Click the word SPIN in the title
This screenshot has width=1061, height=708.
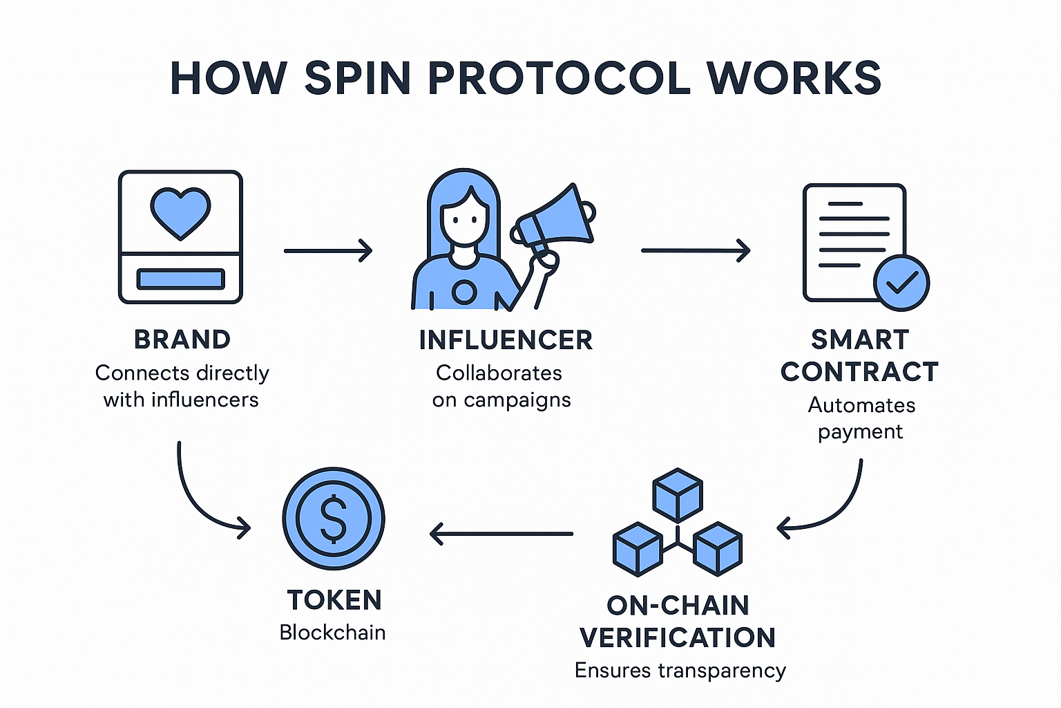[x=357, y=77]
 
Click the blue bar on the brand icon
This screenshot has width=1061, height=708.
[x=180, y=279]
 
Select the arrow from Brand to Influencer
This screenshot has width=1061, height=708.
[x=328, y=250]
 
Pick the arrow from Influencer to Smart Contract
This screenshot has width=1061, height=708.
[x=695, y=250]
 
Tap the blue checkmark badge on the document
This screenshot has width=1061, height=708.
[x=901, y=282]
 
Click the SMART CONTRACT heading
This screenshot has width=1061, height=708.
[x=859, y=356]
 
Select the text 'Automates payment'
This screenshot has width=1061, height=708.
[x=861, y=418]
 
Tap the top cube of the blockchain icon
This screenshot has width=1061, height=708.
[x=678, y=494]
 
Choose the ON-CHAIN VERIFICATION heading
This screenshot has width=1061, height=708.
[x=678, y=622]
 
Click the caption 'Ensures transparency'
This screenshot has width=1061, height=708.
[x=680, y=671]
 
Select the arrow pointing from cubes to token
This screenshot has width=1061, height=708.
[x=501, y=534]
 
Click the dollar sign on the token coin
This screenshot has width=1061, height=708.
[x=334, y=519]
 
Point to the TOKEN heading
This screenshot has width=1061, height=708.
[x=334, y=600]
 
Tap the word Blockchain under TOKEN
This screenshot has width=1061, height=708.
[x=332, y=633]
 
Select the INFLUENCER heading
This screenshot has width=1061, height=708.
[x=506, y=340]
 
